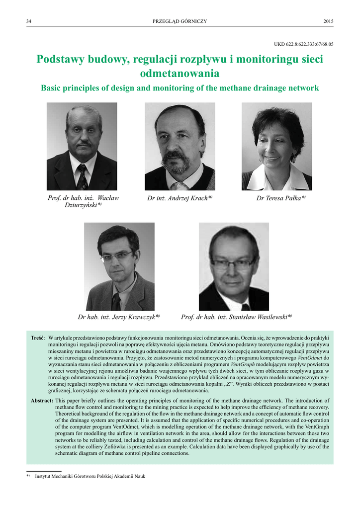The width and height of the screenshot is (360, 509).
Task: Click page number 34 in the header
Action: click(x=29, y=21)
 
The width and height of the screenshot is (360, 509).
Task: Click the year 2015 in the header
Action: click(x=328, y=21)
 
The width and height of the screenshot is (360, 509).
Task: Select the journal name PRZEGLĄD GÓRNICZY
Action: click(x=180, y=21)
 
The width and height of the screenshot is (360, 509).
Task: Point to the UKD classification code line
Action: click(x=303, y=44)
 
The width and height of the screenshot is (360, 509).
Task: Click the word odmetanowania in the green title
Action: click(x=180, y=74)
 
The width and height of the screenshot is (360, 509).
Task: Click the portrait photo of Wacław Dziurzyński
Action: click(x=82, y=146)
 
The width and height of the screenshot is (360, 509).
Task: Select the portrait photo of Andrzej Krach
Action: click(x=180, y=146)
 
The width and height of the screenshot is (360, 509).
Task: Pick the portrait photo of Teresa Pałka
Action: click(x=276, y=146)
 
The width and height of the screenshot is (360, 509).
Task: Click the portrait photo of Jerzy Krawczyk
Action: click(x=119, y=266)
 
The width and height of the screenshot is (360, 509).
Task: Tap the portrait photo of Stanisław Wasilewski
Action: click(x=234, y=266)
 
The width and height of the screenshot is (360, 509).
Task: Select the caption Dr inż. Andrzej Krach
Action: click(x=180, y=198)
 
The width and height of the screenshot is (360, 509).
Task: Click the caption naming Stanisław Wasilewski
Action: click(x=236, y=317)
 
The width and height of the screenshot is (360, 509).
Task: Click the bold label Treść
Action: click(x=38, y=338)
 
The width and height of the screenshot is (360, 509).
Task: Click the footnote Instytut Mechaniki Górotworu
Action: click(x=90, y=476)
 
